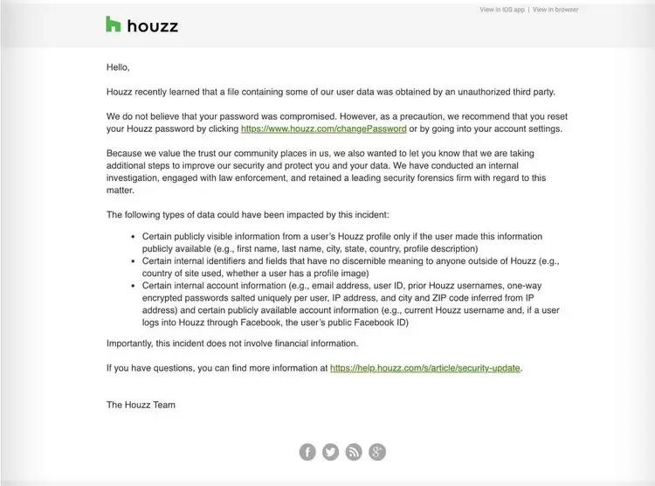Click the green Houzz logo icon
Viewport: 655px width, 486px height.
coord(113,24)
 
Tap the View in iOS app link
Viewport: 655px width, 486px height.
coord(502,10)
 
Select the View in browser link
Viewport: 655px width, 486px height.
coord(555,10)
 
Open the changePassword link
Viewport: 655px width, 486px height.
coord(323,128)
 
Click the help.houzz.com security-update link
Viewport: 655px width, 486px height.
coord(425,368)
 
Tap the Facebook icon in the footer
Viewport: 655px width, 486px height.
coord(307,451)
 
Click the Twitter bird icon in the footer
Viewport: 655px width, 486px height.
coord(330,451)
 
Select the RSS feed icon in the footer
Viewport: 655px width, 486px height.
coord(354,451)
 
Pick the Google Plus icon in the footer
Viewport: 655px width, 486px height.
coord(377,451)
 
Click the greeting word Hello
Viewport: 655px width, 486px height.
coord(118,66)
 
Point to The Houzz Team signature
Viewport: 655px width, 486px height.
coord(141,405)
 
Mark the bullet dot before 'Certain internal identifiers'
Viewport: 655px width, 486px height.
coord(134,261)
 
